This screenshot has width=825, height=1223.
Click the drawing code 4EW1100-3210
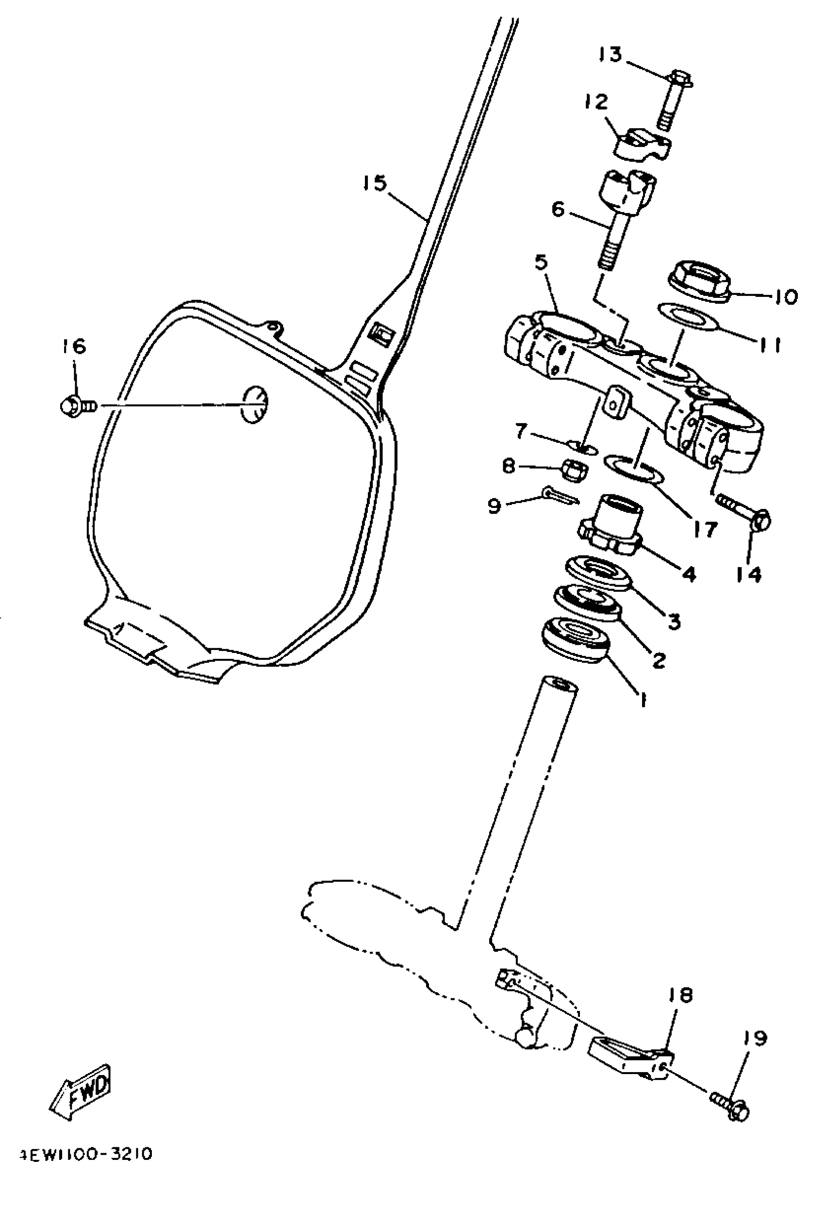pyautogui.click(x=86, y=1155)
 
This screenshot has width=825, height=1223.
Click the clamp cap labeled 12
pyautogui.click(x=642, y=145)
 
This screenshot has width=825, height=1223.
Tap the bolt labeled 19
pyautogui.click(x=731, y=1106)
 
